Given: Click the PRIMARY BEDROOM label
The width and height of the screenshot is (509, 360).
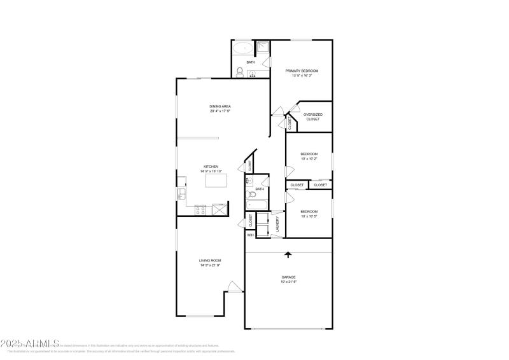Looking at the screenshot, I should pos(302,71).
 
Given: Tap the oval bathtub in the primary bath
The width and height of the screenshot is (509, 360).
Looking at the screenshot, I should pos(242,48).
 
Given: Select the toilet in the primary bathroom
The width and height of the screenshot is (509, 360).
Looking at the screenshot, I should pos(239,72).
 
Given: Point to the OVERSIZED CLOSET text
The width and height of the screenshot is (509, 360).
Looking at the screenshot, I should pos(312,117).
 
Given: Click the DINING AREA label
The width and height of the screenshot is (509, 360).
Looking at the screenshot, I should pos(220,106).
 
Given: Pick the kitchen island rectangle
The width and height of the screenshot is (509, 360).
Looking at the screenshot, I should pos(216,181).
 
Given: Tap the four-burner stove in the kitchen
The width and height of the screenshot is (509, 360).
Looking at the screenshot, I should pos(200,209).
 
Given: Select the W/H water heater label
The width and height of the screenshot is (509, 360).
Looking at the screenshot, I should pos(251,235).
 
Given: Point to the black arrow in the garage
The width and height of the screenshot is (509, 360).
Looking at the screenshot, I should pos(288,254).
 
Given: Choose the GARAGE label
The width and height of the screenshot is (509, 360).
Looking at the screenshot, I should pos(289,277).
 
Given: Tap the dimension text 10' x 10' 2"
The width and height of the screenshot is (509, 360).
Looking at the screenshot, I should pos(309,158).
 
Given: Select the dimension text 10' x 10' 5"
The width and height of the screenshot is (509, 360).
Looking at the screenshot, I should pos(309,216).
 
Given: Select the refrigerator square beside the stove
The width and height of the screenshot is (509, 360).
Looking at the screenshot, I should pos(219,209).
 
